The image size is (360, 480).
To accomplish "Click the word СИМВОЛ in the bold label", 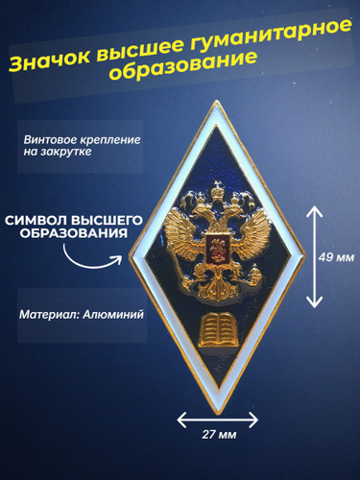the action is click(35, 220).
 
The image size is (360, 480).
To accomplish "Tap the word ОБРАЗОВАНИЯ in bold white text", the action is click(74, 233).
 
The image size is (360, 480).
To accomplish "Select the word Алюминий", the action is click(113, 315).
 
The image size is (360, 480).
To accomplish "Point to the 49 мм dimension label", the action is click(336, 257).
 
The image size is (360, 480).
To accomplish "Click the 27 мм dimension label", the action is click(219, 435).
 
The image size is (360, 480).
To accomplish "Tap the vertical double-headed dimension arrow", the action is click(315, 256).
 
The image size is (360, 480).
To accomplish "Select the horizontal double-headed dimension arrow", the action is click(218, 420).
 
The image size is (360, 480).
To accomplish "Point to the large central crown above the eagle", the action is click(218, 192).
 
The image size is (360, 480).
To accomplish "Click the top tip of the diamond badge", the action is click(217, 101).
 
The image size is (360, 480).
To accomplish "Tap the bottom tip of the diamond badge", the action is click(219, 415).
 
